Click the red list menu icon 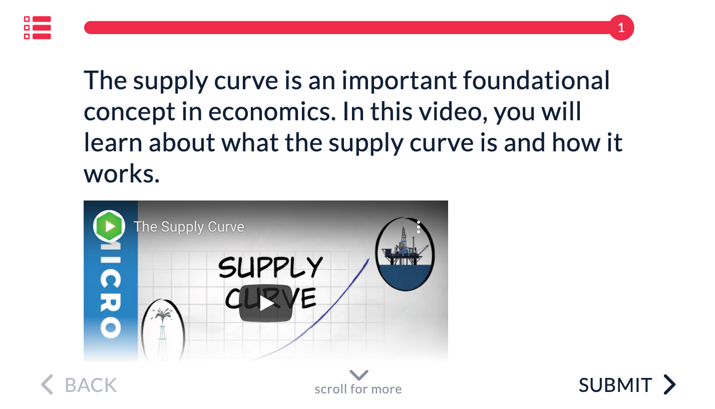point(38,28)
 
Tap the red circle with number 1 point(621,28)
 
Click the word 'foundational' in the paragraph point(536,80)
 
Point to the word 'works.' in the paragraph point(122,174)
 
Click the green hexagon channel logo point(109,226)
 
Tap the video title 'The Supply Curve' point(189,227)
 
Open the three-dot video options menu point(419,227)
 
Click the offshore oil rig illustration point(405,254)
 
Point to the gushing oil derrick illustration point(163,330)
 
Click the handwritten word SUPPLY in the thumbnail point(271,267)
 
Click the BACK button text point(91,385)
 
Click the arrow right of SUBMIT point(669,384)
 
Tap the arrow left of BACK point(47,384)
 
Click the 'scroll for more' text point(358,389)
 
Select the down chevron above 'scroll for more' point(359,375)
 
